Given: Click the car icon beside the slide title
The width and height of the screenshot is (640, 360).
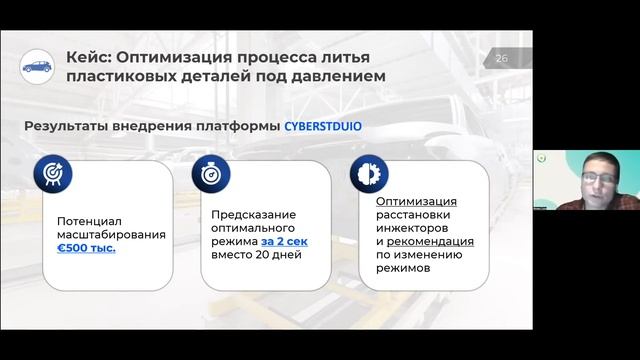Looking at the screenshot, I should pyautogui.click(x=37, y=66).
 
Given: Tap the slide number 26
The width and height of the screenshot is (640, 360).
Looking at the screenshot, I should pyautogui.click(x=502, y=58).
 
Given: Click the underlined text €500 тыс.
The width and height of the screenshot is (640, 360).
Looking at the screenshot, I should pyautogui.click(x=86, y=247).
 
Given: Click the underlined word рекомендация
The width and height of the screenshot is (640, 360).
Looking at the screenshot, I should pyautogui.click(x=430, y=241).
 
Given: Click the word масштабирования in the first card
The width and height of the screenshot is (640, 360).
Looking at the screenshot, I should pyautogui.click(x=111, y=234).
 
